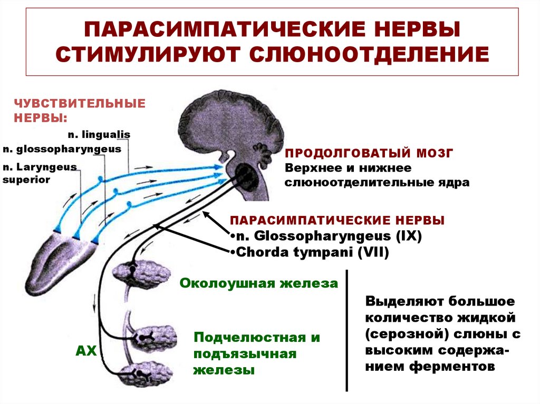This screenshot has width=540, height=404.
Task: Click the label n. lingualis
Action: click(x=99, y=134)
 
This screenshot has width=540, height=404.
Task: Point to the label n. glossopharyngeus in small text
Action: click(x=62, y=149)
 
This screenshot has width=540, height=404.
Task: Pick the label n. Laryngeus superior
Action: click(x=40, y=173)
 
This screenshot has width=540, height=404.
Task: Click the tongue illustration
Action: click(x=58, y=258)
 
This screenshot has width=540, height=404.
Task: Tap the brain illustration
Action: click(x=232, y=124)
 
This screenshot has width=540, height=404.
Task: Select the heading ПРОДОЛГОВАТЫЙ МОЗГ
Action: click(x=369, y=153)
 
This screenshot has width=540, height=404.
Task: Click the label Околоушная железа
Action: click(x=259, y=283)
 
